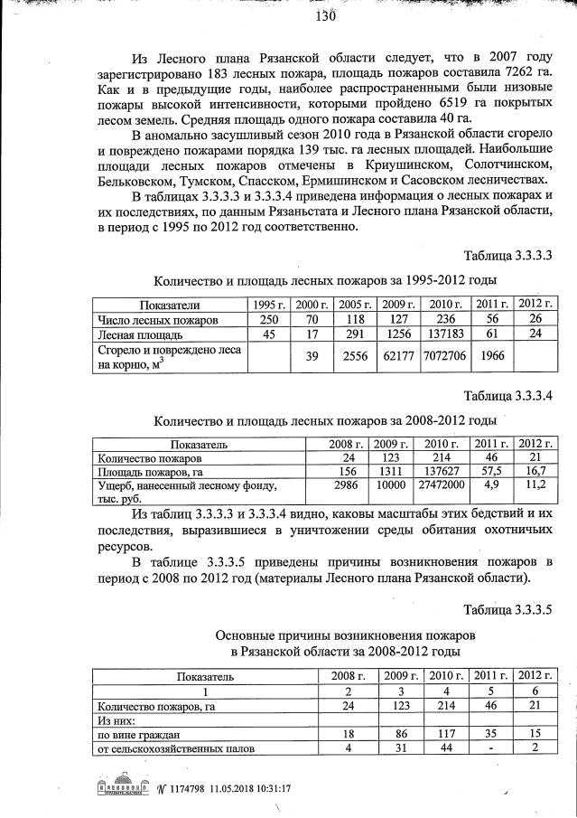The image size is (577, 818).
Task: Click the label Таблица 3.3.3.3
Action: pyautogui.click(x=507, y=254)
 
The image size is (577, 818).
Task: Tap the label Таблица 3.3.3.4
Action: pyautogui.click(x=507, y=396)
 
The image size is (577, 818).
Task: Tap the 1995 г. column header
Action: pyautogui.click(x=268, y=304)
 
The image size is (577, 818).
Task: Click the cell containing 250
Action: pyautogui.click(x=268, y=320)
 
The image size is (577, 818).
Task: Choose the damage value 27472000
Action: pyautogui.click(x=442, y=485)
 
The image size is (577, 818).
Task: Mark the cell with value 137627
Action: pyautogui.click(x=442, y=471)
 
